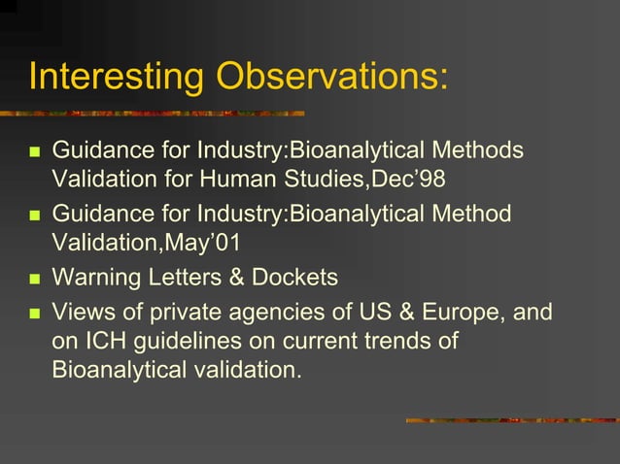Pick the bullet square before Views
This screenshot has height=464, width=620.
pyautogui.click(x=34, y=314)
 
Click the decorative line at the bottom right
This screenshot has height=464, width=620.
pyautogui.click(x=510, y=420)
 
